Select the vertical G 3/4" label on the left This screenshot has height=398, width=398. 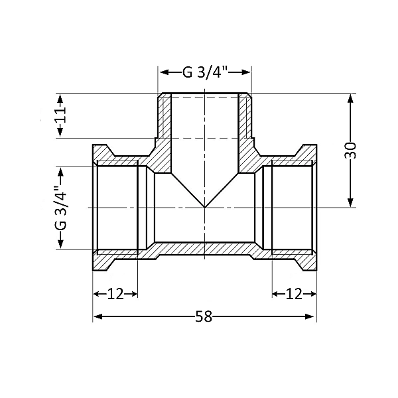(60, 208)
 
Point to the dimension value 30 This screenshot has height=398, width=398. (352, 150)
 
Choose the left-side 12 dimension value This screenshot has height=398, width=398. (115, 293)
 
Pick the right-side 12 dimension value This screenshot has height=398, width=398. (293, 293)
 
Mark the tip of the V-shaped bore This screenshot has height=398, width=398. (204, 207)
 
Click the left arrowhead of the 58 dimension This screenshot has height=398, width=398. (96, 316)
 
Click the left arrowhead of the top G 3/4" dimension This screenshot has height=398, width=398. (161, 72)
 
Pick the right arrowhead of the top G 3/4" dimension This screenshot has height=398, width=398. (247, 72)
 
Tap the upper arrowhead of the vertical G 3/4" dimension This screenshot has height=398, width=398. (60, 169)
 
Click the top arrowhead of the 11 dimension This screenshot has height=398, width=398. (61, 97)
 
